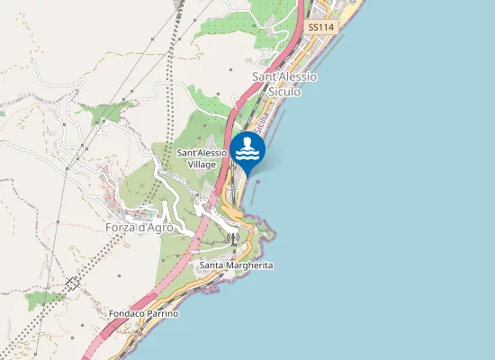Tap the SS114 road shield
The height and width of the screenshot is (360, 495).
(319, 28)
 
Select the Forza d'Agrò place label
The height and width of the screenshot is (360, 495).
(139, 228)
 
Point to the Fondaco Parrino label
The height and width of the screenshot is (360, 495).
(144, 313)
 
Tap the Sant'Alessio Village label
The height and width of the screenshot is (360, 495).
(202, 159)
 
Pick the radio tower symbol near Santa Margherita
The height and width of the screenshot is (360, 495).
(234, 238)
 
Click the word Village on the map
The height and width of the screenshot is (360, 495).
(202, 166)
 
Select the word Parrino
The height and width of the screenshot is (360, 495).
(162, 313)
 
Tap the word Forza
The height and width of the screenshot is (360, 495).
(121, 228)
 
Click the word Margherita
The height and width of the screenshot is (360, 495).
(248, 265)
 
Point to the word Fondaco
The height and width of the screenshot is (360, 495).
(126, 313)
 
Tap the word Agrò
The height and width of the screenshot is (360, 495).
(157, 228)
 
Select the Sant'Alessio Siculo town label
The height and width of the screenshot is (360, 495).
(284, 84)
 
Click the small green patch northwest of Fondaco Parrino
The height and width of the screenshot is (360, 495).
(42, 298)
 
